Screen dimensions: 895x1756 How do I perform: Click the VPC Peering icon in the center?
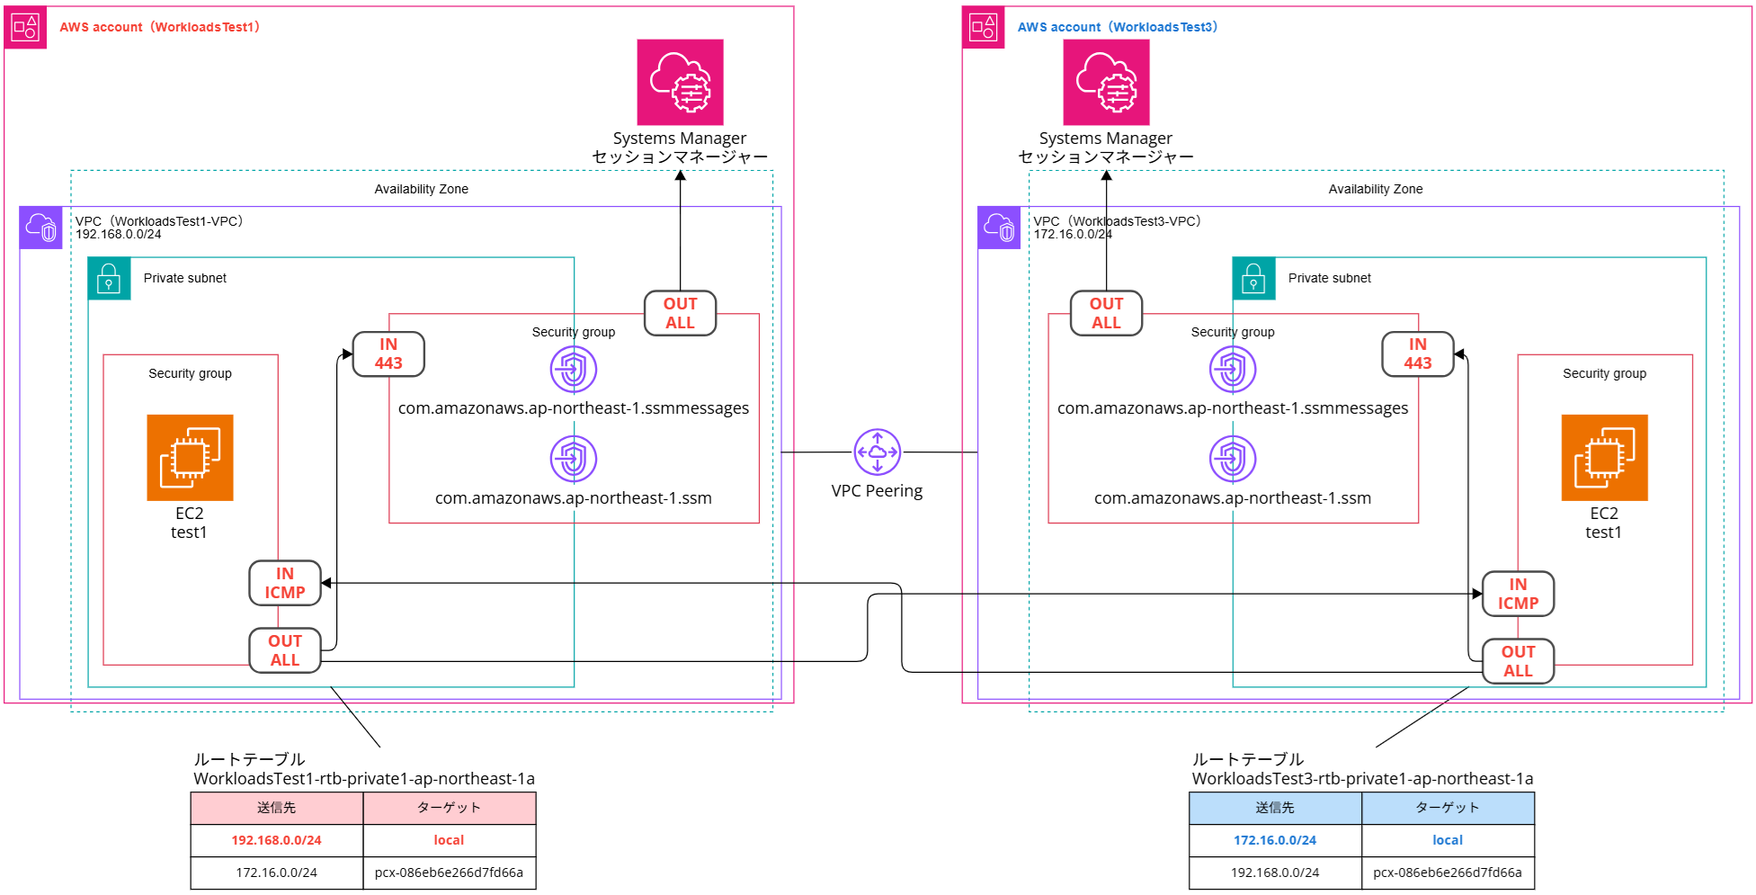(877, 452)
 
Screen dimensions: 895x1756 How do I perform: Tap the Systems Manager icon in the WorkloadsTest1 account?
(680, 82)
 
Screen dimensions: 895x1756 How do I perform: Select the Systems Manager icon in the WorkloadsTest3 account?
(1106, 82)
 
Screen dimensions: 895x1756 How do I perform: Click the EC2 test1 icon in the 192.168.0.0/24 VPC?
(190, 457)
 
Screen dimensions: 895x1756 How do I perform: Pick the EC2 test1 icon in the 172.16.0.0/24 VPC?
(1604, 457)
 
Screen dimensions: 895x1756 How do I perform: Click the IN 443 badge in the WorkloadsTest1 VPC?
(388, 354)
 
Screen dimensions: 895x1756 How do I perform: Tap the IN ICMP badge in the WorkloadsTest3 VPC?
(1518, 594)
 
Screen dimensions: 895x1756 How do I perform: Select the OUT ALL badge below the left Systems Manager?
(680, 313)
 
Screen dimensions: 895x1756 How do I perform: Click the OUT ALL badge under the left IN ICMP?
(285, 650)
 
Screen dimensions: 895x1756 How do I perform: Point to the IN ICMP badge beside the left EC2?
(285, 583)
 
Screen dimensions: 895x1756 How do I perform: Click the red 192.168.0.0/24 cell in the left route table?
(276, 840)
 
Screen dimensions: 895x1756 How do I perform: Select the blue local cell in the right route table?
(1448, 840)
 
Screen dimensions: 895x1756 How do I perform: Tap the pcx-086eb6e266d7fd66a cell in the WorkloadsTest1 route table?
(449, 873)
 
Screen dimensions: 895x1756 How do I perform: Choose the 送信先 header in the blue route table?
(1275, 808)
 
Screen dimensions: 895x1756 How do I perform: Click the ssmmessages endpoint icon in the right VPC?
(1232, 369)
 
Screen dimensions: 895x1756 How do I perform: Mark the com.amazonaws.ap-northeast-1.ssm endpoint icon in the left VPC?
(574, 459)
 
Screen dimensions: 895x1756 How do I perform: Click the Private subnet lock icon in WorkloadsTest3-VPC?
(1253, 278)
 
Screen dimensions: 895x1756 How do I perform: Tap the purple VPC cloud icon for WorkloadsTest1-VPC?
(41, 228)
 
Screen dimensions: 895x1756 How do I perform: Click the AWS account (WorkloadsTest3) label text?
(1117, 27)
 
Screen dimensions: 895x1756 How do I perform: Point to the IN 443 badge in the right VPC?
(1417, 354)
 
